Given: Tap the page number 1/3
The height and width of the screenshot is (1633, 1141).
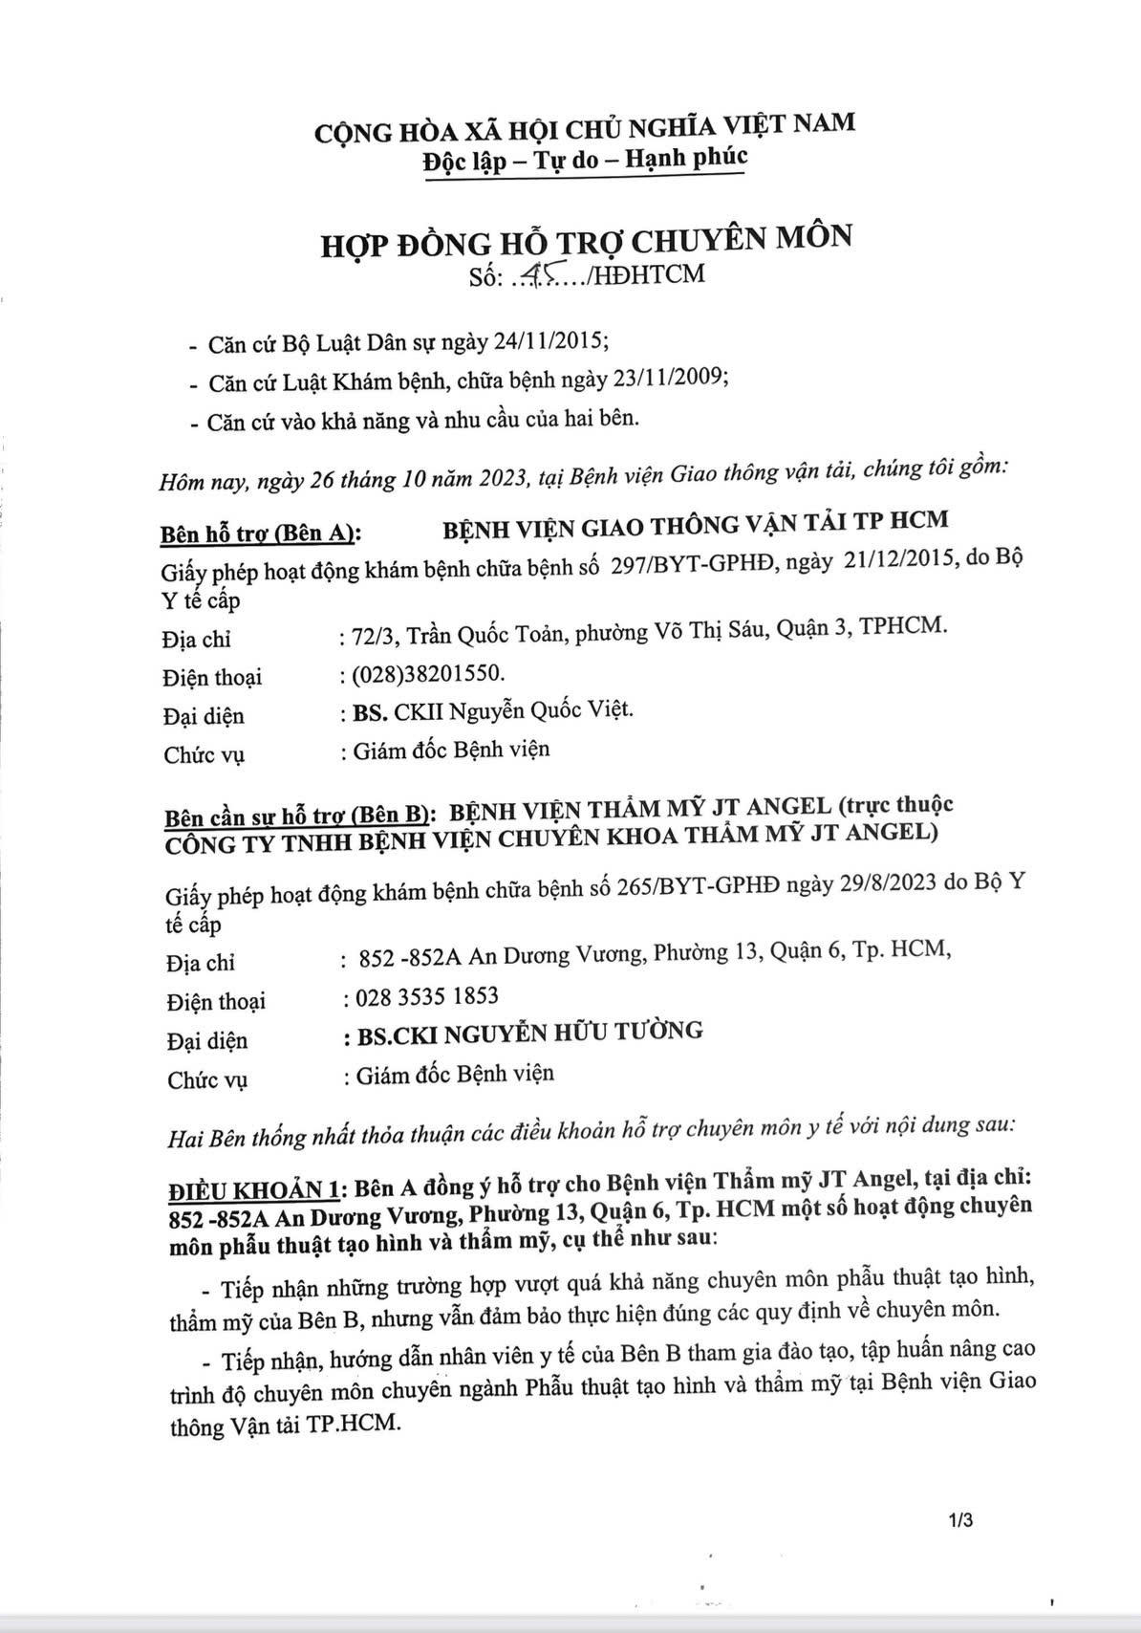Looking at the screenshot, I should [x=960, y=1518].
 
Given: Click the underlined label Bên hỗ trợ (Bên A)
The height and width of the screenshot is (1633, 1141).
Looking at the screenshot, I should [x=262, y=532].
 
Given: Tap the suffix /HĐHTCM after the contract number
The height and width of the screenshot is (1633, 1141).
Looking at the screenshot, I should [x=648, y=274].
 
